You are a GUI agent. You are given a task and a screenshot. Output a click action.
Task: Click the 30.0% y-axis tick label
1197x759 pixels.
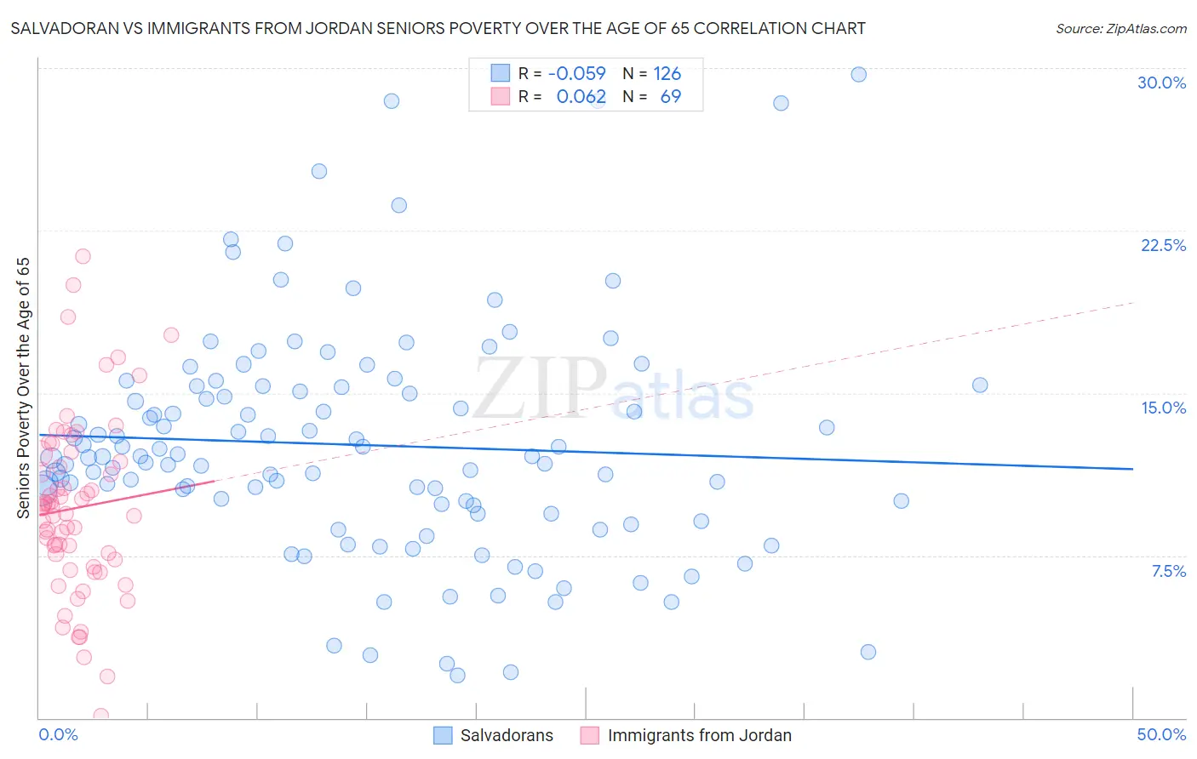tap(1161, 83)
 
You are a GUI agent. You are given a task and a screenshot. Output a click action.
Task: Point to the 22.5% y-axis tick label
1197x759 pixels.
tap(1163, 245)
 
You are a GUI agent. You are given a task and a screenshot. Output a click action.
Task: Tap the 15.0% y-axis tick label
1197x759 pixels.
tap(1163, 408)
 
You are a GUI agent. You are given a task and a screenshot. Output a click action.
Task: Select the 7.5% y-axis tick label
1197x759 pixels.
tap(1168, 571)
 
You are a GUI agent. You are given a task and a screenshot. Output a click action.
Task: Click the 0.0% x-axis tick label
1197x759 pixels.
tap(58, 734)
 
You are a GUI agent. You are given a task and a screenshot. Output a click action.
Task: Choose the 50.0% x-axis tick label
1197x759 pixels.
tap(1161, 734)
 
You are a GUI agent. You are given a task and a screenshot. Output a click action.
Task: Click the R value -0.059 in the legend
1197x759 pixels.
tap(577, 73)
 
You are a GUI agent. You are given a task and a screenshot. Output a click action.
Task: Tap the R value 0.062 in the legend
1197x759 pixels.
tap(581, 96)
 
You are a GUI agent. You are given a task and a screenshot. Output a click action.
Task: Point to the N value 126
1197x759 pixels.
tap(667, 73)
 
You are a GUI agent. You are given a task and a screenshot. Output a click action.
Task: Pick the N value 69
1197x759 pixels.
tap(671, 96)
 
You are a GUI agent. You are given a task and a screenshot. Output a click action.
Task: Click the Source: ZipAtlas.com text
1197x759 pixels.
tap(1120, 28)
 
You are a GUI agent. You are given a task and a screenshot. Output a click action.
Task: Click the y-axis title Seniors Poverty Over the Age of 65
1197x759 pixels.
tap(23, 388)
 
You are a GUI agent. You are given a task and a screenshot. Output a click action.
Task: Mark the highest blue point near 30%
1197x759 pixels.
tap(858, 74)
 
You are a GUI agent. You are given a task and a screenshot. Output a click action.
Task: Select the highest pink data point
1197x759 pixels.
tap(83, 256)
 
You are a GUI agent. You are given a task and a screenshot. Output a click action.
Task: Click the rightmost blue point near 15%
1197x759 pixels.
tap(979, 385)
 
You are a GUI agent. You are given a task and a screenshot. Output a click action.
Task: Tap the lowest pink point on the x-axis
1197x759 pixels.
tap(100, 716)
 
